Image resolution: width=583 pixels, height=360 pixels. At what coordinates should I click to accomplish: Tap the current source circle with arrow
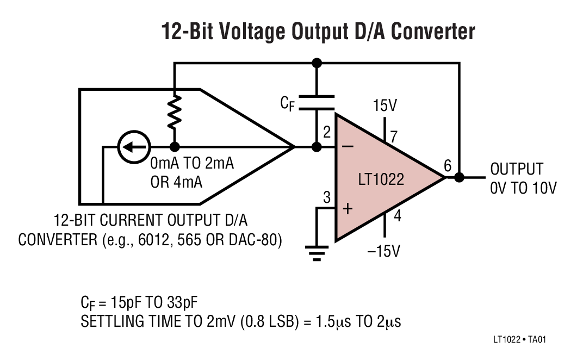click(x=132, y=147)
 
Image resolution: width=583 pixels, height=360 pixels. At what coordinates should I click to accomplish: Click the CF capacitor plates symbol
click(x=317, y=103)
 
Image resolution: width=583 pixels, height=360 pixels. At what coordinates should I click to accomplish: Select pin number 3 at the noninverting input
click(x=327, y=198)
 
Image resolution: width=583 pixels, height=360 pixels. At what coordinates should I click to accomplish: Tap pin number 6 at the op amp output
click(x=448, y=165)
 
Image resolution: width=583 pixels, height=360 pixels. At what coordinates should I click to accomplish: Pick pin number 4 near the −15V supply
click(x=397, y=216)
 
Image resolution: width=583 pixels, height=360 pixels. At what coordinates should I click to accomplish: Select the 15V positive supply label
click(x=385, y=105)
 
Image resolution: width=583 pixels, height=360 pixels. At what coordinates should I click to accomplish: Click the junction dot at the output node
click(x=459, y=177)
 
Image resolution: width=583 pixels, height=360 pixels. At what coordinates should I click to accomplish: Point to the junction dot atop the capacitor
click(x=317, y=63)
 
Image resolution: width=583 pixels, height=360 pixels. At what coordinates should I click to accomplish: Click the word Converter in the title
click(x=433, y=31)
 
